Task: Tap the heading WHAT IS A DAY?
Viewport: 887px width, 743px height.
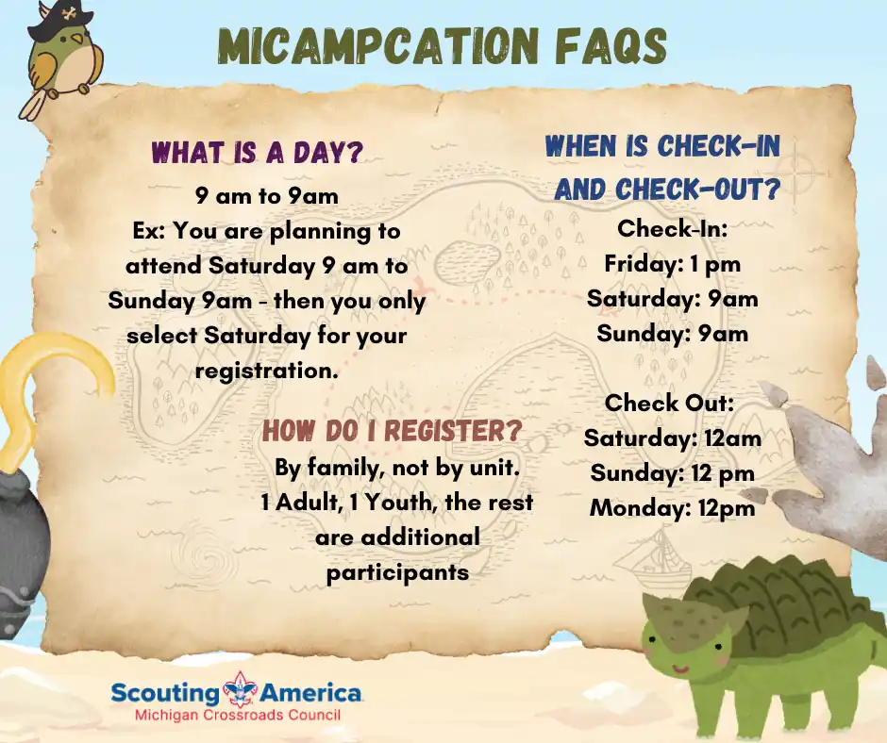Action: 258,153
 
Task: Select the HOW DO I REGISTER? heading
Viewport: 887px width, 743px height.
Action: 392,431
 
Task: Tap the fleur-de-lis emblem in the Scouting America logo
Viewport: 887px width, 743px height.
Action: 241,690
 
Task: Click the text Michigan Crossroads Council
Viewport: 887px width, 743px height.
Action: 238,715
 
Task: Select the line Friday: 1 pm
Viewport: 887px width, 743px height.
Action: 672,263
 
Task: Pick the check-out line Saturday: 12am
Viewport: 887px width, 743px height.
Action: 673,438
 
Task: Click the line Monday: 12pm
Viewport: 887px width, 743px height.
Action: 672,508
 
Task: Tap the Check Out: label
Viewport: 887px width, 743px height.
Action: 669,403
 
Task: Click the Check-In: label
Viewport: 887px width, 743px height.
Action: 672,228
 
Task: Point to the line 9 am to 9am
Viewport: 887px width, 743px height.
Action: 267,195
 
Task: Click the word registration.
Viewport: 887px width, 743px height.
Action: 267,371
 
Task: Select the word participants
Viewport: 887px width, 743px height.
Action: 397,572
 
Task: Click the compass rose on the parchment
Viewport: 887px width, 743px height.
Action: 795,172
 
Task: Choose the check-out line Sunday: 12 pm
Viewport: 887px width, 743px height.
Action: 672,472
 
